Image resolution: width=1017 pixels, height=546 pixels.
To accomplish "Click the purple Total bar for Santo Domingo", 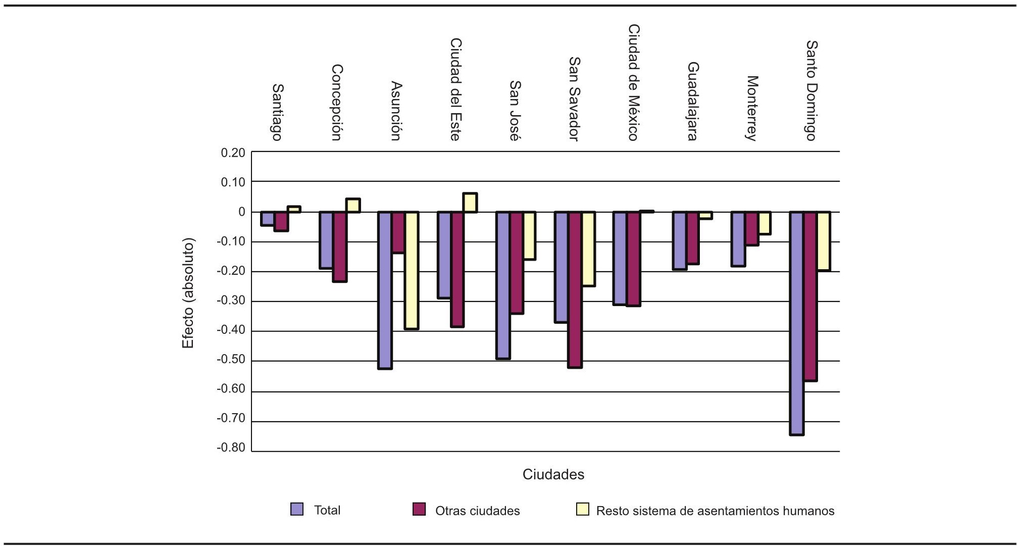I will click(797, 323).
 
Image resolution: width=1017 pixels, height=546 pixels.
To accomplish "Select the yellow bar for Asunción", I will click(412, 270).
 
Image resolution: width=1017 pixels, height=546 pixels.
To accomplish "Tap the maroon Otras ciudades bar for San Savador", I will click(575, 289).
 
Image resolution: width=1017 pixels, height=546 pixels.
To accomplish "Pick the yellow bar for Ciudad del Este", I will click(470, 203).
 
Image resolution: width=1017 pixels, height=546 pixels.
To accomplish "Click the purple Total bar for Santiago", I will click(267, 218).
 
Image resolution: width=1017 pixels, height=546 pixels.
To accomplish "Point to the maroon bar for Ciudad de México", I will click(634, 259).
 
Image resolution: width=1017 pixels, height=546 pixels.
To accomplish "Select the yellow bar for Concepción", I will click(353, 205).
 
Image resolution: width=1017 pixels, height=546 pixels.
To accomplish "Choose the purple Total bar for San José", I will click(503, 285).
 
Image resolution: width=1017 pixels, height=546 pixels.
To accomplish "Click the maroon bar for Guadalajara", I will click(692, 237).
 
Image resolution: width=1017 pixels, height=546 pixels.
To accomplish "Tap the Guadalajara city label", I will click(692, 101).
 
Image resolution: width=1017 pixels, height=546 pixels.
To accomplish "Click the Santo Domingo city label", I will click(810, 90).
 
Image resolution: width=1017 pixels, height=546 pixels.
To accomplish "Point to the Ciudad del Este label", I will click(455, 89).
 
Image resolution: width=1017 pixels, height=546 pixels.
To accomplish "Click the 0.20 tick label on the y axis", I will click(233, 153).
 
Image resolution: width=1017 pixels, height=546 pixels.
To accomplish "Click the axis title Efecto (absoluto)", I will click(188, 293).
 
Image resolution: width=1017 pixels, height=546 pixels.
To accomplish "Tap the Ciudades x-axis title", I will click(553, 475).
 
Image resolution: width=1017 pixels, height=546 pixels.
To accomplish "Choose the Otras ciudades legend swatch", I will click(419, 509).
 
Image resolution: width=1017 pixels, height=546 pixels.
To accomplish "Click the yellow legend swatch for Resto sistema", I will click(582, 509).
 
